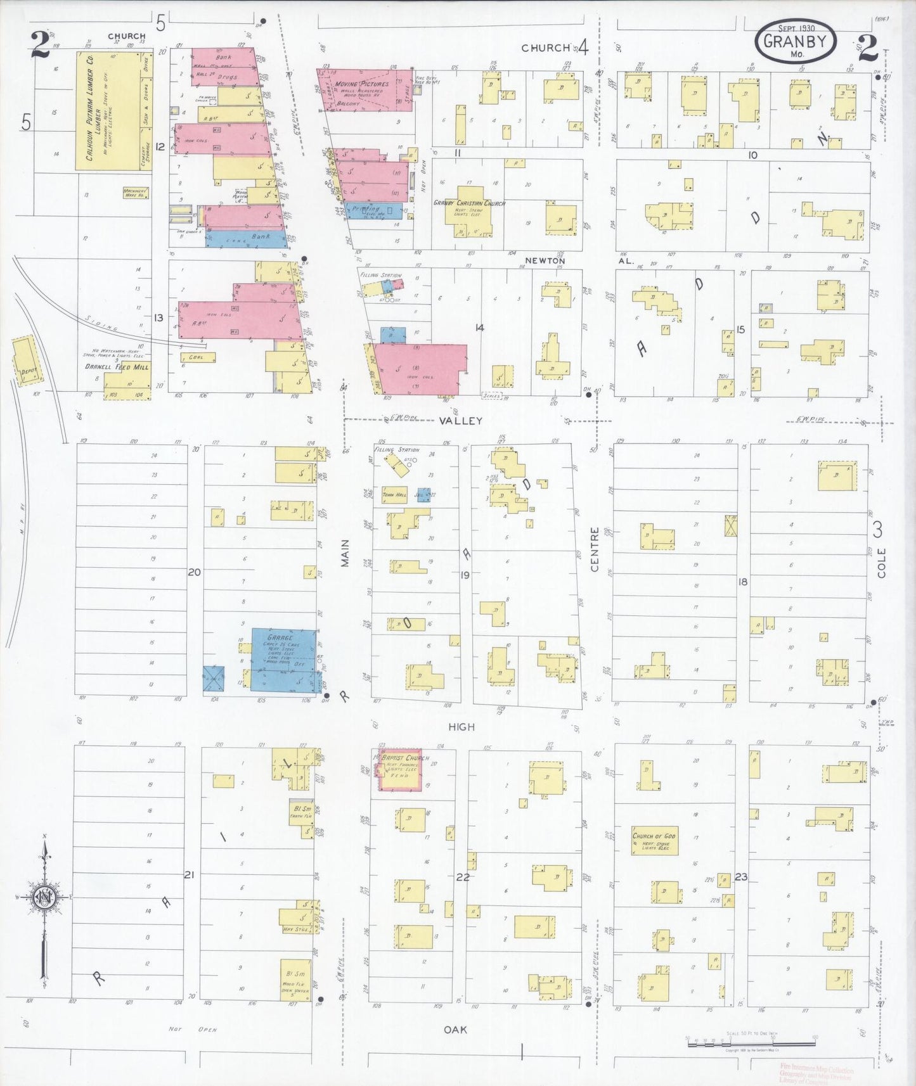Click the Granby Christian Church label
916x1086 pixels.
pos(468,203)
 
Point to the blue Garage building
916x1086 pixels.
pos(283,659)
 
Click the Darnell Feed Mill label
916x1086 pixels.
pos(117,366)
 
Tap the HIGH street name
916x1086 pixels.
pos(461,727)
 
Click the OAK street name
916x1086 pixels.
pos(455,1030)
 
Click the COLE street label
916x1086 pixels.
pos(881,562)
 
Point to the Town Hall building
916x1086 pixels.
pos(394,495)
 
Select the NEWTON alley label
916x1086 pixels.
pos(544,260)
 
